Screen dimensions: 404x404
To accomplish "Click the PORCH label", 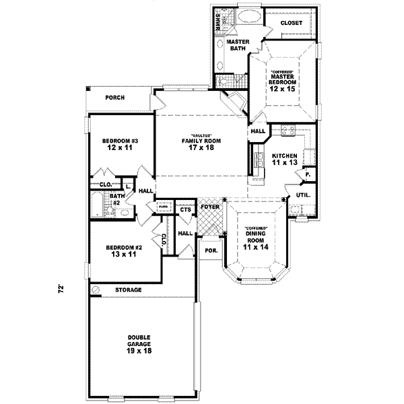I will point(115,98).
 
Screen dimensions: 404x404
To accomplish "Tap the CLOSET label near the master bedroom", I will point(290,23).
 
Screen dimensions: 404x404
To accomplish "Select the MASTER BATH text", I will point(238,45).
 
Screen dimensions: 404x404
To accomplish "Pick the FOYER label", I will point(209,205).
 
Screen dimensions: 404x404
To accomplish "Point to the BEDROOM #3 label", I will point(120,141).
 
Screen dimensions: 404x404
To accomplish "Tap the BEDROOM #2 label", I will point(121,248).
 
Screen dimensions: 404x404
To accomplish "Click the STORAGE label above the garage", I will point(127,290).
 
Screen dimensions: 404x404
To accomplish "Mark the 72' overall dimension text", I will point(61,289).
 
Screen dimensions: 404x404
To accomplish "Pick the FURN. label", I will point(162,207).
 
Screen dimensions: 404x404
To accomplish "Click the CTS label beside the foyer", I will point(185,209).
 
